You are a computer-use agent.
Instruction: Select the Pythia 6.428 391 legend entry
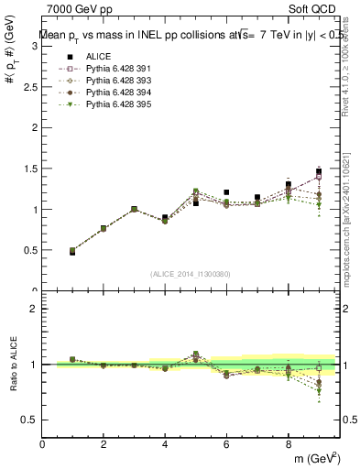point(111,68)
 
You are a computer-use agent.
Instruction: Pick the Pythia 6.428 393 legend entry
point(111,80)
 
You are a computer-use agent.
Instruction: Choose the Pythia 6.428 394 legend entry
point(111,92)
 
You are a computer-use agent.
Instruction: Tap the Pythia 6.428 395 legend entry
point(111,104)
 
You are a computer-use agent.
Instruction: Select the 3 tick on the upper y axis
point(37,47)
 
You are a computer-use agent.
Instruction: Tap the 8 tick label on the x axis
point(288,444)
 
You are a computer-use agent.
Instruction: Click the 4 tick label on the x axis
point(165,444)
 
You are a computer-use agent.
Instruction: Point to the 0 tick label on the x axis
point(43,444)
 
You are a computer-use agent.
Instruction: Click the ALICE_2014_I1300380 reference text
point(190,273)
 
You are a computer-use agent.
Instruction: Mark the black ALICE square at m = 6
point(226,192)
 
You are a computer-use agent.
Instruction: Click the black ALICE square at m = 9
point(319,171)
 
